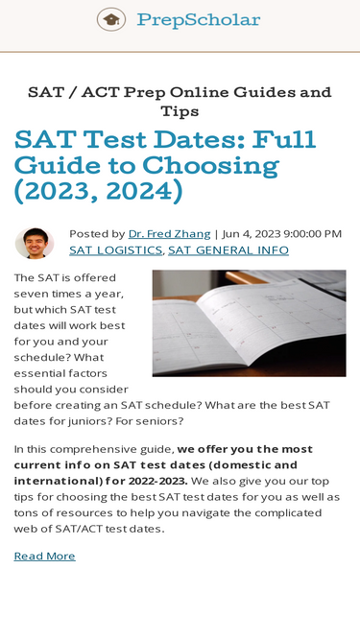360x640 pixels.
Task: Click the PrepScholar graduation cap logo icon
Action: click(x=111, y=19)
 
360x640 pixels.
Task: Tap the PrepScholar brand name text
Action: click(x=198, y=19)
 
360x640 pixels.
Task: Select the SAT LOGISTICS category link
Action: click(x=116, y=250)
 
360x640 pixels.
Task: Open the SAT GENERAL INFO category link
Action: click(x=228, y=250)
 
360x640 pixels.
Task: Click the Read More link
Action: click(x=44, y=557)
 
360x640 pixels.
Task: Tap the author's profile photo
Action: click(x=35, y=242)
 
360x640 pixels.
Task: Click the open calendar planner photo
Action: click(x=249, y=322)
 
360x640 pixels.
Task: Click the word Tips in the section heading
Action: click(x=180, y=111)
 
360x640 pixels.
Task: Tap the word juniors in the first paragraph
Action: click(x=262, y=405)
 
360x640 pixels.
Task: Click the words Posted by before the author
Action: click(x=97, y=233)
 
